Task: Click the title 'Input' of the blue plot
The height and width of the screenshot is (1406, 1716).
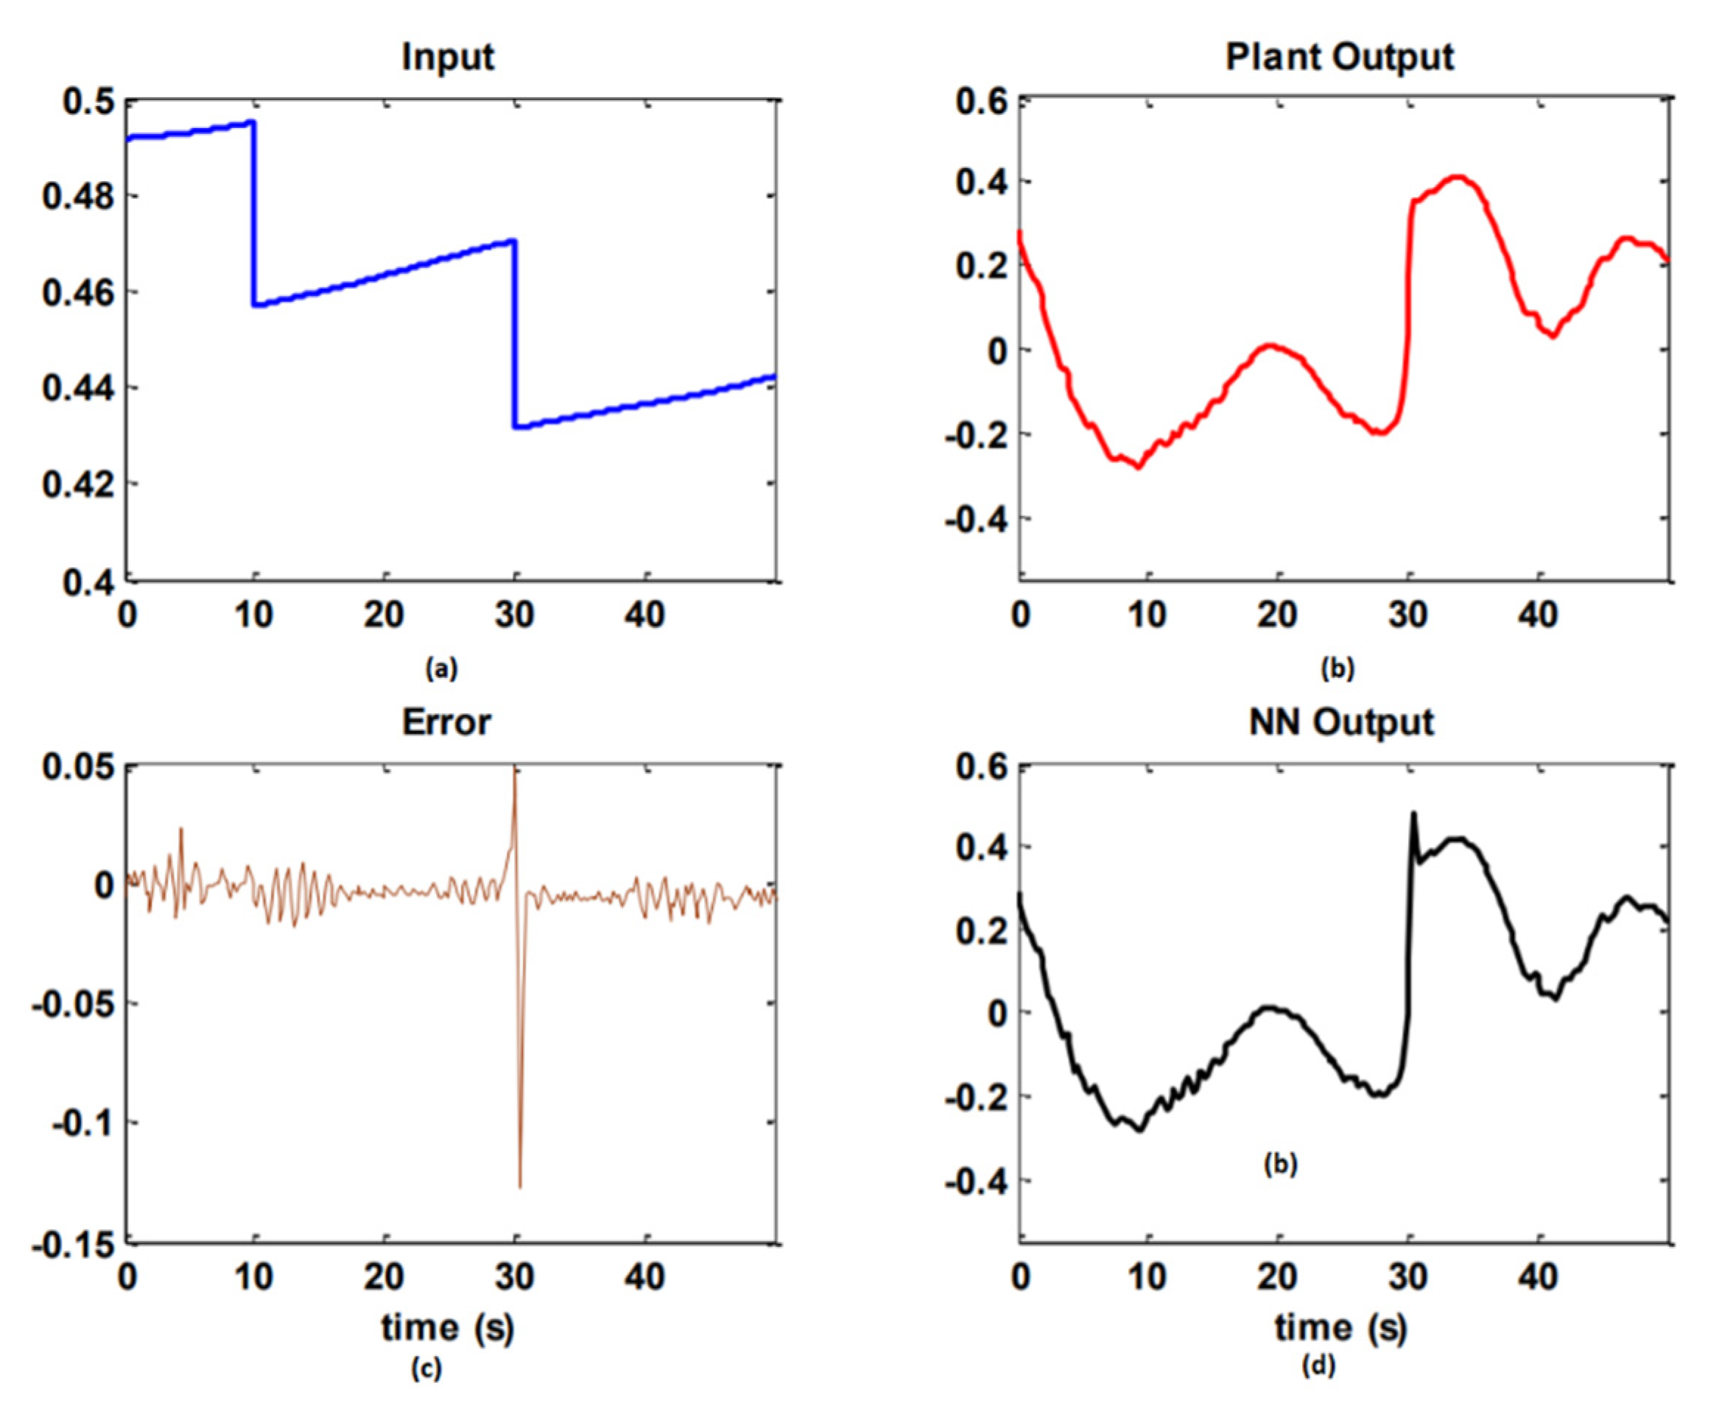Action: tap(447, 57)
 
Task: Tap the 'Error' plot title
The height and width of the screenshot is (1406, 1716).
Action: tap(446, 722)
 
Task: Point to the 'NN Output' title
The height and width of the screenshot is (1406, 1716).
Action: tap(1341, 722)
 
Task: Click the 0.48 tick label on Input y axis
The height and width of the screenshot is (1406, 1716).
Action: tap(80, 197)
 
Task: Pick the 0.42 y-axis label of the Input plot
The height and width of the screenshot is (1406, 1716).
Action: tap(80, 485)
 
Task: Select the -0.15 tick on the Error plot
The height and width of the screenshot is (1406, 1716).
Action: tap(73, 1244)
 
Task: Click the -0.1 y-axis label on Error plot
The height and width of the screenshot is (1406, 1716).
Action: tap(83, 1123)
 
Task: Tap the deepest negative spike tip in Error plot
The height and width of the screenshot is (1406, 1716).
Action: tap(519, 1186)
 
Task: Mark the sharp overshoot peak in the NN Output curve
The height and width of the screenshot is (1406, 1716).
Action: tap(1414, 814)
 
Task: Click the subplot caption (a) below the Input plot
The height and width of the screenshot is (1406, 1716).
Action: tap(442, 669)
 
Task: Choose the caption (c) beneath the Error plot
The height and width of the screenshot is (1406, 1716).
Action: tap(426, 1368)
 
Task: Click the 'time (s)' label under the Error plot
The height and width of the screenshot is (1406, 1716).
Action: tap(448, 1327)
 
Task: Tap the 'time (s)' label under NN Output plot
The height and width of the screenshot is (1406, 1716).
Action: tap(1341, 1327)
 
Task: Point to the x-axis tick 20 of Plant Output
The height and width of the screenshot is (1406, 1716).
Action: tap(1278, 616)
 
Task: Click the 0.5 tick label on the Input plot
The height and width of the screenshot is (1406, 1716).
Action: tap(89, 102)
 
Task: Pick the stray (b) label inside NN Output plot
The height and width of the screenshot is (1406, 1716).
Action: tap(1280, 1165)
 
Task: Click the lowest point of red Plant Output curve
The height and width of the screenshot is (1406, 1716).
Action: tap(1139, 467)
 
